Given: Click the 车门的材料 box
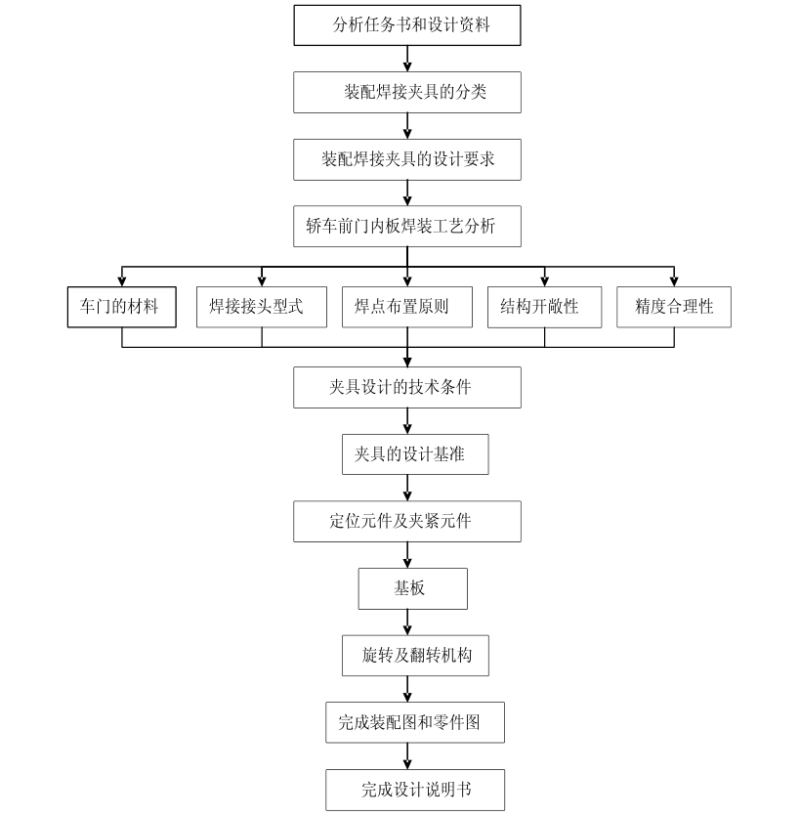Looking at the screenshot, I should coord(122,306).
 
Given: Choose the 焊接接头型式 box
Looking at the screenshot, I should coord(261,306).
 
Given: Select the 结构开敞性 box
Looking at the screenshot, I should coord(544,306).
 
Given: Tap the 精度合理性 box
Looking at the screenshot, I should coord(674,306).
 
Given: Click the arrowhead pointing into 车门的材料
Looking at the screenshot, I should coord(122,279).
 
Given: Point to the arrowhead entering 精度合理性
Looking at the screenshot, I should coord(674,279).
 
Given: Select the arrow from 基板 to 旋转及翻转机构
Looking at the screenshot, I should coord(407,622).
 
